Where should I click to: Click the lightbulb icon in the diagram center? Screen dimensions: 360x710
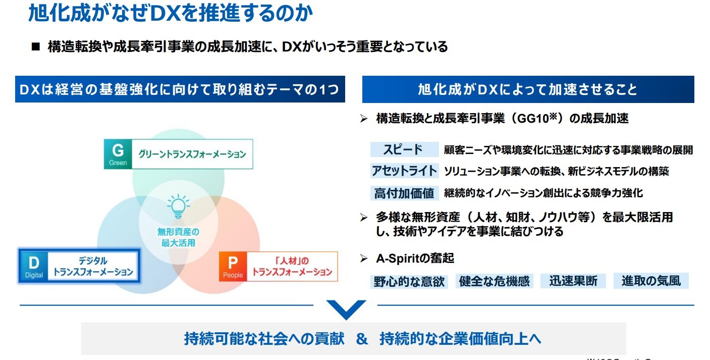point(178,206)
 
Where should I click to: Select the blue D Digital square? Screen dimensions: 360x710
point(34,267)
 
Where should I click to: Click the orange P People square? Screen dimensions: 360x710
point(233,267)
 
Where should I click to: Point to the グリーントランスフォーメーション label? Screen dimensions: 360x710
point(192,154)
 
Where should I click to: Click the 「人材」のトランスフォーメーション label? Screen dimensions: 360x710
point(292,267)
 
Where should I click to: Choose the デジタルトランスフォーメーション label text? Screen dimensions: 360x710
point(93,267)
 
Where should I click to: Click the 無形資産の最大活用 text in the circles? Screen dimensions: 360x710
point(178,237)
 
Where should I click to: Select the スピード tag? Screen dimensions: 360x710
point(404,149)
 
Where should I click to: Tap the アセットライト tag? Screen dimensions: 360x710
point(404,171)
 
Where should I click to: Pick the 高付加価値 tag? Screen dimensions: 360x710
point(404,193)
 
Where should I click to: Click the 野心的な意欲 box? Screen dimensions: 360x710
point(409,281)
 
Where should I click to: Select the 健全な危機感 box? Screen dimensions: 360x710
point(494,281)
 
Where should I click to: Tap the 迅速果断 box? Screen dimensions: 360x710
point(573,281)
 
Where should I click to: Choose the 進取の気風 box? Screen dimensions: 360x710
point(651,281)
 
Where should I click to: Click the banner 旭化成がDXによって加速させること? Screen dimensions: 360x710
point(528,90)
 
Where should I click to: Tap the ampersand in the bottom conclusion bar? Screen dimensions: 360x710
point(362,338)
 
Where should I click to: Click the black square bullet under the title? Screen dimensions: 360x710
point(35,47)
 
